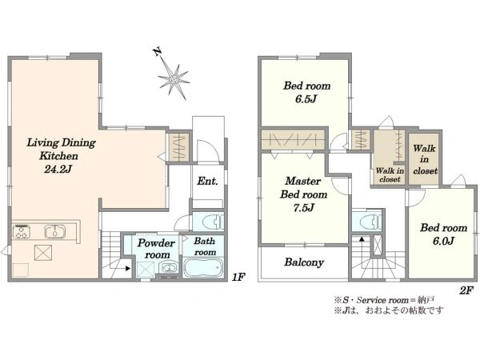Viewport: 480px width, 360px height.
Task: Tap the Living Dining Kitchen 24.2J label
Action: coord(61,155)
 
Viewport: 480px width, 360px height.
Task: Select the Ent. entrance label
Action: coord(207,182)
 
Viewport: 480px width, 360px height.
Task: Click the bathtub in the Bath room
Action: coord(202,268)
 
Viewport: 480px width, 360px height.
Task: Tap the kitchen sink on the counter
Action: coord(55,231)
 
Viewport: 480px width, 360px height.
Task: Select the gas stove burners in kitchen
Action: coord(22,231)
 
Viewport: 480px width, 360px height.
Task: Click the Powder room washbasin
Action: coord(167,268)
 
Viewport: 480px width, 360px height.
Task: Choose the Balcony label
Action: coord(304,262)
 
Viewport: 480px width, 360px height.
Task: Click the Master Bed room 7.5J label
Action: coord(303,194)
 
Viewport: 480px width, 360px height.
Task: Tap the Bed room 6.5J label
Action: coord(306,92)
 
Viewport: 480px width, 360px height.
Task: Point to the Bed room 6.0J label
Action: coord(443,234)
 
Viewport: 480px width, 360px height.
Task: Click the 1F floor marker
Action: coord(238,278)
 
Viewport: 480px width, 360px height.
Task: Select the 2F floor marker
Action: coord(466,290)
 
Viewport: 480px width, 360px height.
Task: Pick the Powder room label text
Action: coord(157,249)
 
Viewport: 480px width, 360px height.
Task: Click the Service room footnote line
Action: coord(384,300)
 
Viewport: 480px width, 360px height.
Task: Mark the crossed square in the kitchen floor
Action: coord(42,253)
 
